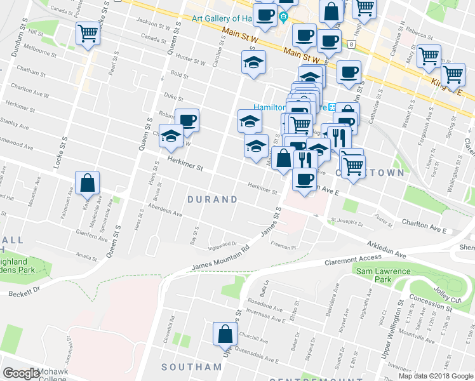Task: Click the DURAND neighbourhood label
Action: click(213, 199)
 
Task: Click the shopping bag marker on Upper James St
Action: click(225, 333)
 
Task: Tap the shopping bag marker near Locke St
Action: click(88, 183)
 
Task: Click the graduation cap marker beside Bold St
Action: click(253, 63)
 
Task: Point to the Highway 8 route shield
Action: click(351, 44)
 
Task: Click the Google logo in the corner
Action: click(22, 373)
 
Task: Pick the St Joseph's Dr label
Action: click(346, 223)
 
